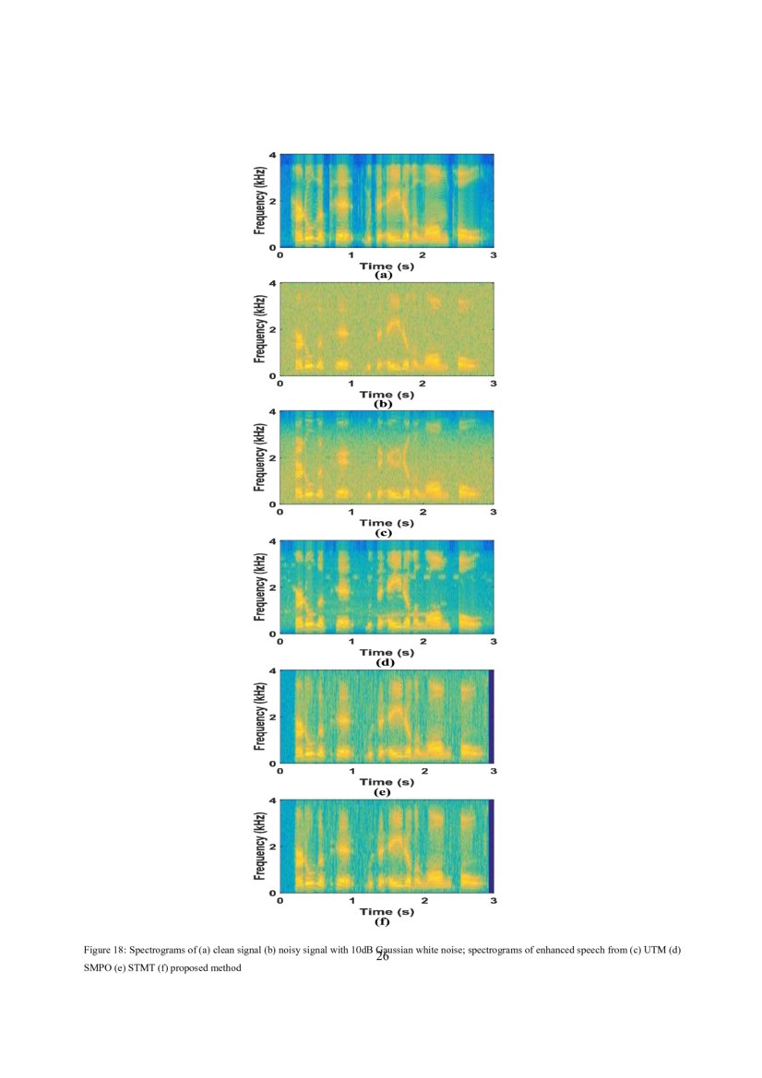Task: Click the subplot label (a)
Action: [x=383, y=275]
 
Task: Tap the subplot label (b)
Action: [x=383, y=404]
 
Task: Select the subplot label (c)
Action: [x=383, y=533]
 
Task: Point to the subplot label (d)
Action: [x=383, y=662]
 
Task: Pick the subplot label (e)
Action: [x=383, y=791]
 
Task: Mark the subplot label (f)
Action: [x=383, y=920]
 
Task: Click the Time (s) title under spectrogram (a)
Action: [x=387, y=266]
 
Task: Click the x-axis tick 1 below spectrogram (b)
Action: [x=351, y=383]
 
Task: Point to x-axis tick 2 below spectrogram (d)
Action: [x=423, y=641]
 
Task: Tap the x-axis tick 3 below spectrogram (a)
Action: [x=494, y=254]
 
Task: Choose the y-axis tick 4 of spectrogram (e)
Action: [x=273, y=670]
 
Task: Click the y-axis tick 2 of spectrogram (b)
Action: [x=273, y=330]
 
